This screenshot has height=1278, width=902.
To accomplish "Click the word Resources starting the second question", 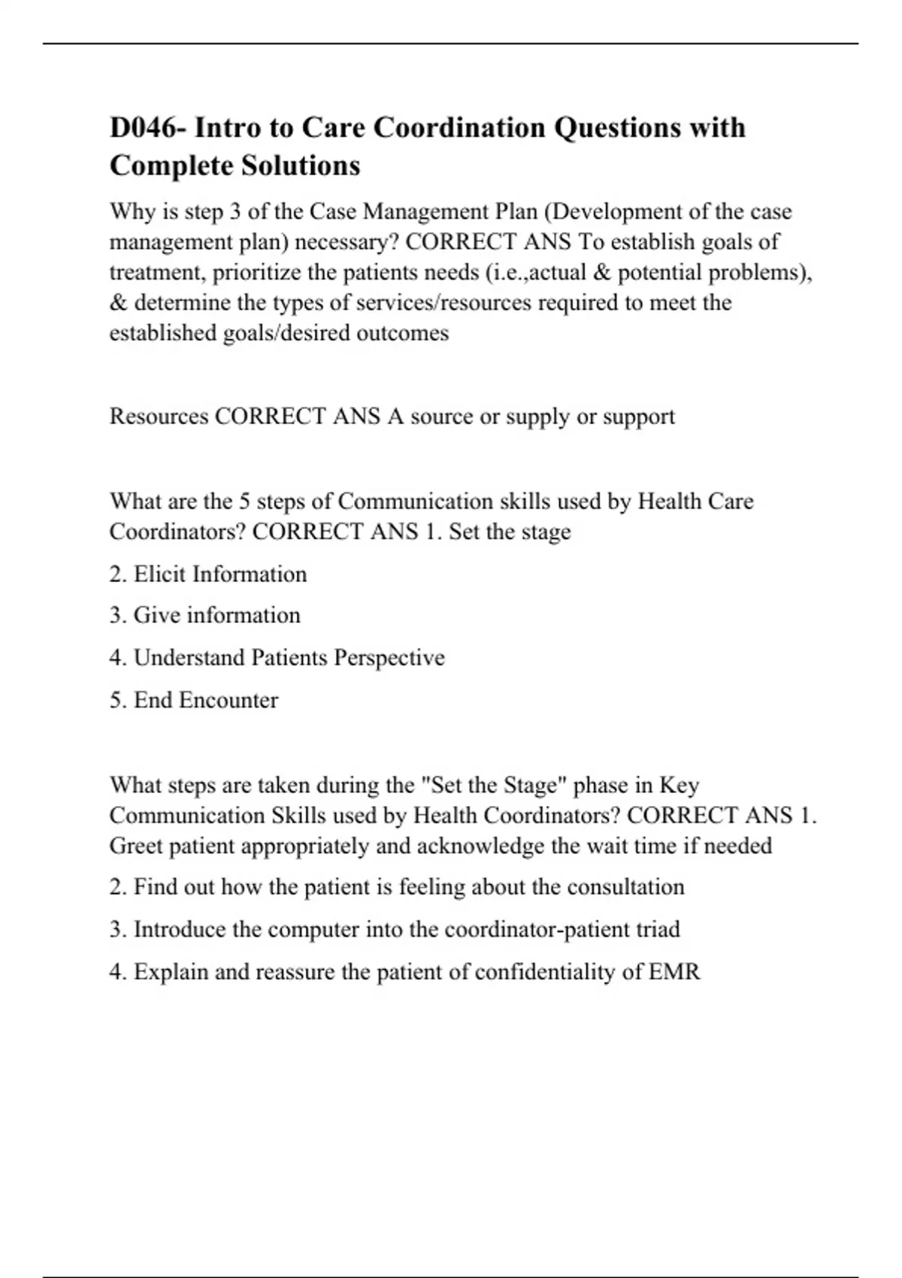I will tap(159, 416).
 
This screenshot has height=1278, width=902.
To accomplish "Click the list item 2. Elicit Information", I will tap(208, 574).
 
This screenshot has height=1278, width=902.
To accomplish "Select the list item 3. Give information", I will tap(204, 615).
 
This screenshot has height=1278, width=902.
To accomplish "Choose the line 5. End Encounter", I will tap(194, 700).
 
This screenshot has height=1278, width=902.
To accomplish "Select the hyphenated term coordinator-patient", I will tap(537, 929).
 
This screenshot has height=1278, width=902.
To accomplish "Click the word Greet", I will tap(136, 846).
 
